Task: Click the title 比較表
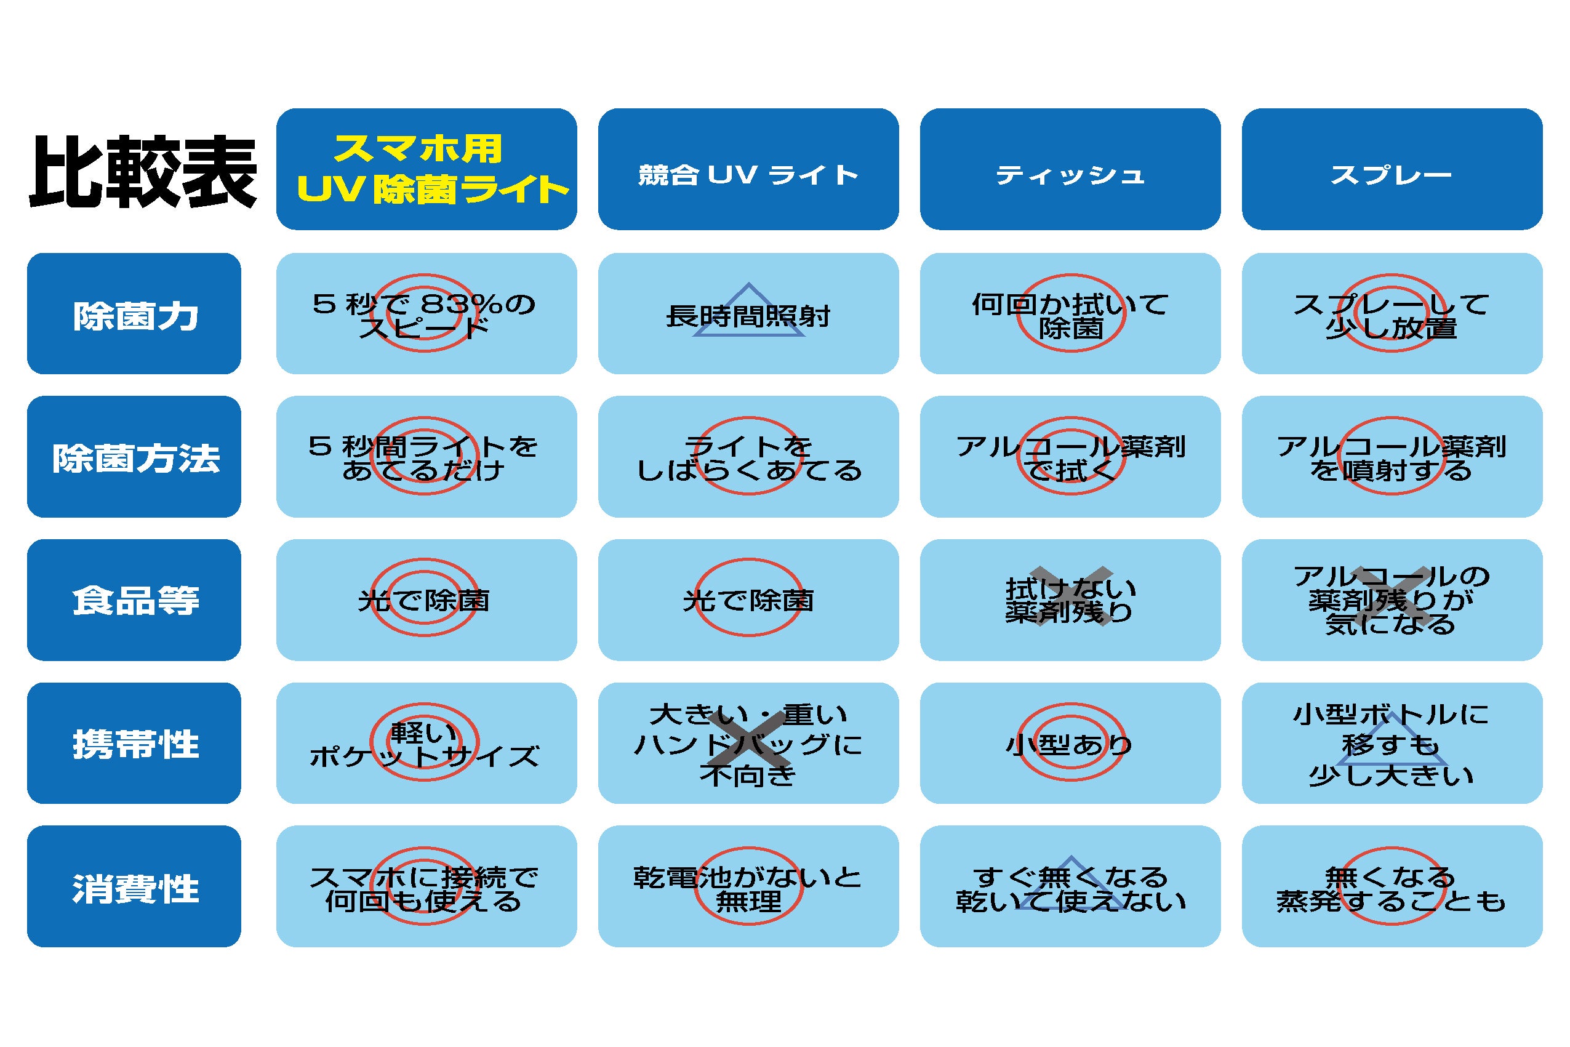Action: tap(143, 172)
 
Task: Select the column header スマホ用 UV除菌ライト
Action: tap(427, 169)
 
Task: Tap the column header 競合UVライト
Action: tap(748, 169)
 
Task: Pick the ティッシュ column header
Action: tap(1070, 169)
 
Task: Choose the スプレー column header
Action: tap(1392, 169)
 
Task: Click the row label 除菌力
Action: tap(134, 313)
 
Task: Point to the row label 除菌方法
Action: tap(134, 457)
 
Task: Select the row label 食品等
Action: tap(134, 600)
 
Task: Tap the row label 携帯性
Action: tap(134, 743)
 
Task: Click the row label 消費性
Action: tap(134, 886)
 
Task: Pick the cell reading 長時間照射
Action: tap(748, 313)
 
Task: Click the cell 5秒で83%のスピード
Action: tap(427, 313)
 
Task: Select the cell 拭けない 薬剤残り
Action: tap(1070, 600)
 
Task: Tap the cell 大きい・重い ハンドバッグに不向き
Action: tap(748, 743)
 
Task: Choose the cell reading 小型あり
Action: tap(1070, 743)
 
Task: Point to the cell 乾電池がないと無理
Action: tap(748, 886)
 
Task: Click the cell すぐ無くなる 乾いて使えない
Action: tap(1070, 886)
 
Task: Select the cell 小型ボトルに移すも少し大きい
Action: tap(1392, 743)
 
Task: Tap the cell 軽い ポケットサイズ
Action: tap(427, 743)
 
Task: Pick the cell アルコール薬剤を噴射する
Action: tap(1392, 457)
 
